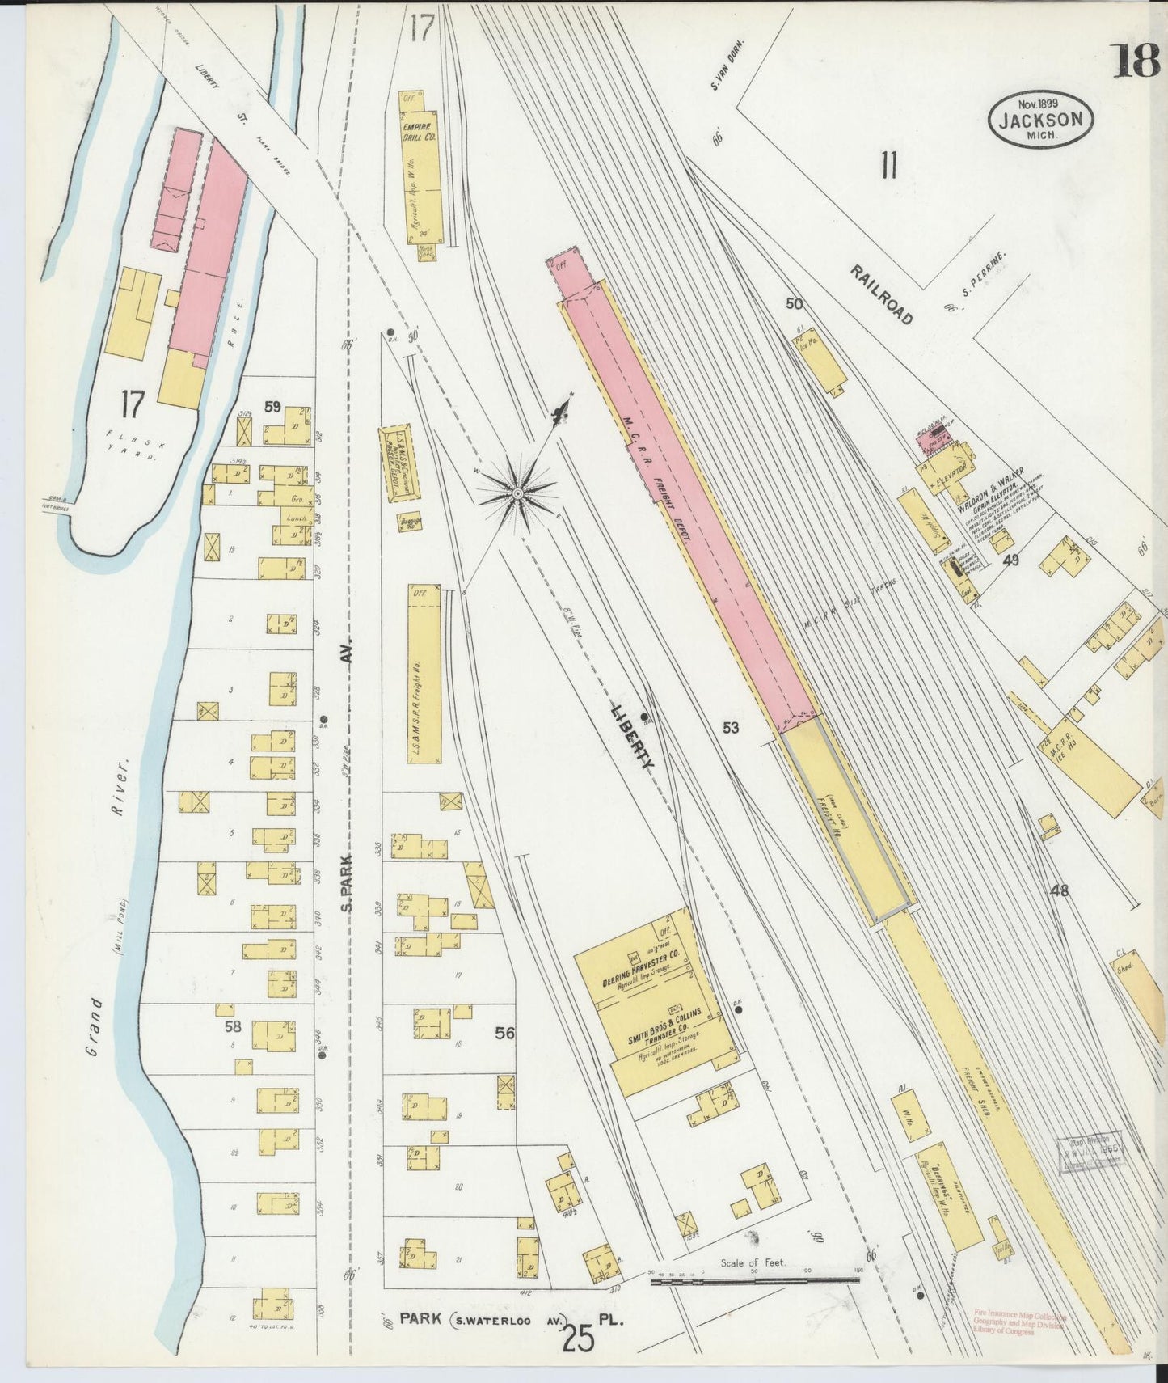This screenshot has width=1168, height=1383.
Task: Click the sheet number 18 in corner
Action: click(1137, 61)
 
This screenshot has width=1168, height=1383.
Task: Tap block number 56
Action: click(505, 1033)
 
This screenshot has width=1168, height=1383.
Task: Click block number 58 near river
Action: click(233, 1026)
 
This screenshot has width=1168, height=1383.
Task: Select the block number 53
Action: click(731, 728)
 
